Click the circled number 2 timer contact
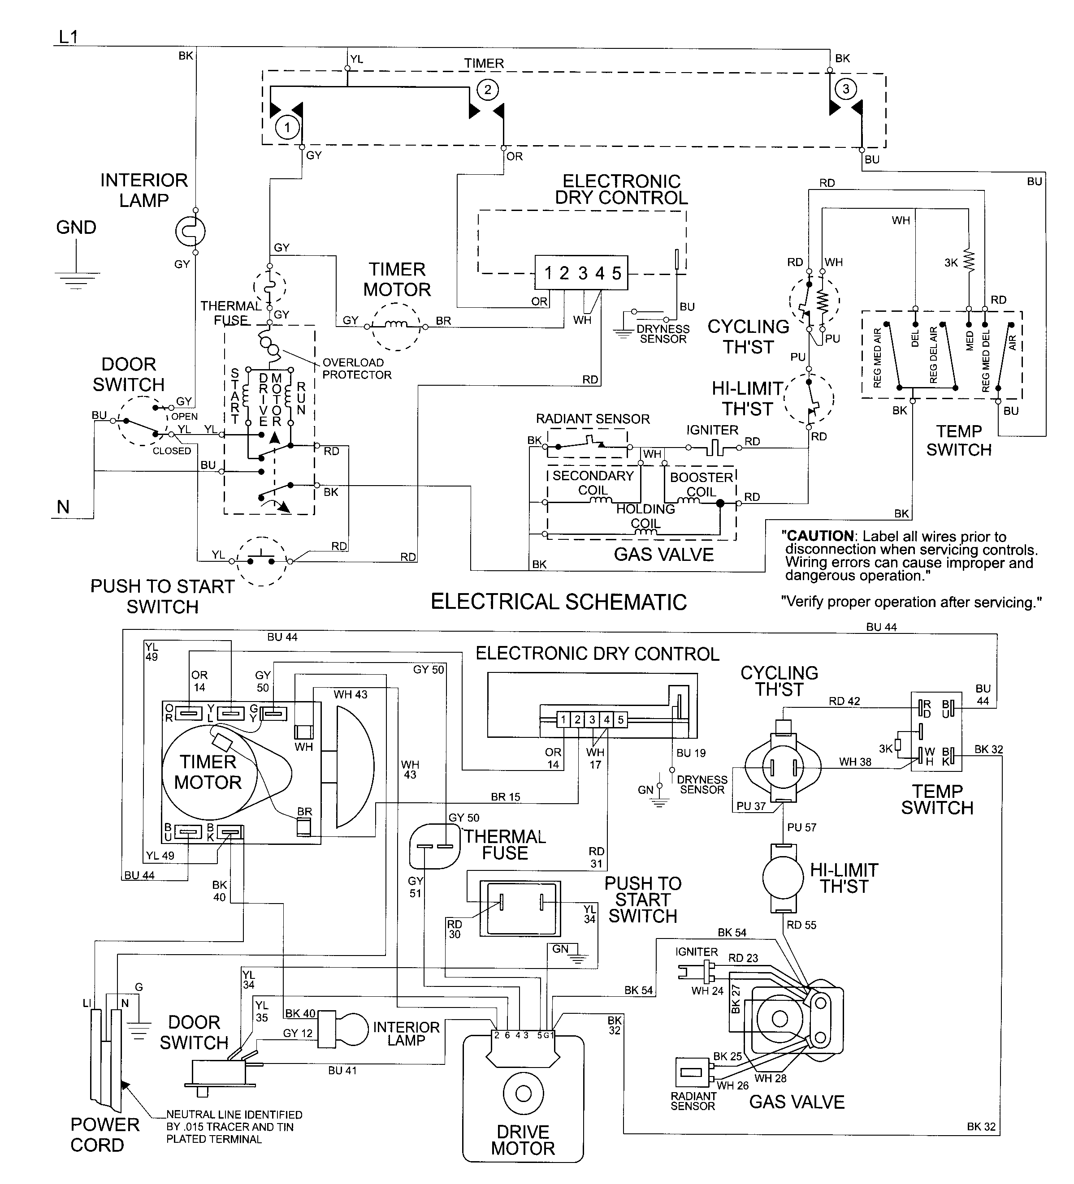point(487,90)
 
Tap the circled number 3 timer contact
point(845,89)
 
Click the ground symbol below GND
point(76,280)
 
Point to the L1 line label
point(68,37)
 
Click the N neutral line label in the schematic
point(63,506)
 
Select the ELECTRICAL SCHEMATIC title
point(558,602)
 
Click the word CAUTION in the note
point(820,536)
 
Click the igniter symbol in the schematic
point(713,449)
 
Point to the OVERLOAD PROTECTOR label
point(357,369)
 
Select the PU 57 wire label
point(801,827)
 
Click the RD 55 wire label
point(801,925)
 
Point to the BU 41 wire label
point(342,1071)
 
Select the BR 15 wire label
point(505,797)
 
